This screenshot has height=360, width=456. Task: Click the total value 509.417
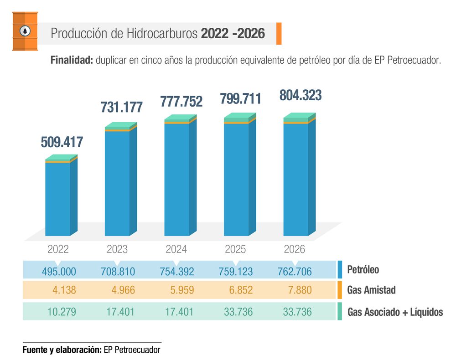coord(62,142)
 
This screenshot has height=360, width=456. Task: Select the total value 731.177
coord(122,108)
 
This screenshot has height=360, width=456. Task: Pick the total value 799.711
coord(240,98)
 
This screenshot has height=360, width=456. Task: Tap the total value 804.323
coord(300,96)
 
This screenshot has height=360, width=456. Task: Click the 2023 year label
coord(117,249)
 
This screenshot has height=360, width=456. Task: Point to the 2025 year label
coord(235,249)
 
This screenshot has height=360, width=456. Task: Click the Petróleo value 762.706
coord(295,272)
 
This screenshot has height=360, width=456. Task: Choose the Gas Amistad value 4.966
coord(123,290)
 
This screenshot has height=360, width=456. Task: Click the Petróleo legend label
coord(363,270)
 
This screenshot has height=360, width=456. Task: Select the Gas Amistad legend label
coord(371,290)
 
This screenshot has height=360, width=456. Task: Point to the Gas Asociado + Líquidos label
coord(395,313)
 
